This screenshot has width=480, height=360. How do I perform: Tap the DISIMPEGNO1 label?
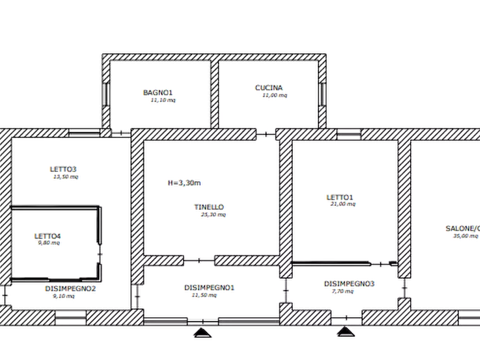click(210, 288)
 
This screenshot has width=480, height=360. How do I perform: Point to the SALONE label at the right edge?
click(462, 229)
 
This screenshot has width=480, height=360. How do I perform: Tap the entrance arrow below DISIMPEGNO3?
click(345, 334)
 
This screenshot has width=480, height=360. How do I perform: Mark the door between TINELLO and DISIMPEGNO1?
click(199, 260)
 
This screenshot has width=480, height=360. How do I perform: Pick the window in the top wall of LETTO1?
click(349, 133)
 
